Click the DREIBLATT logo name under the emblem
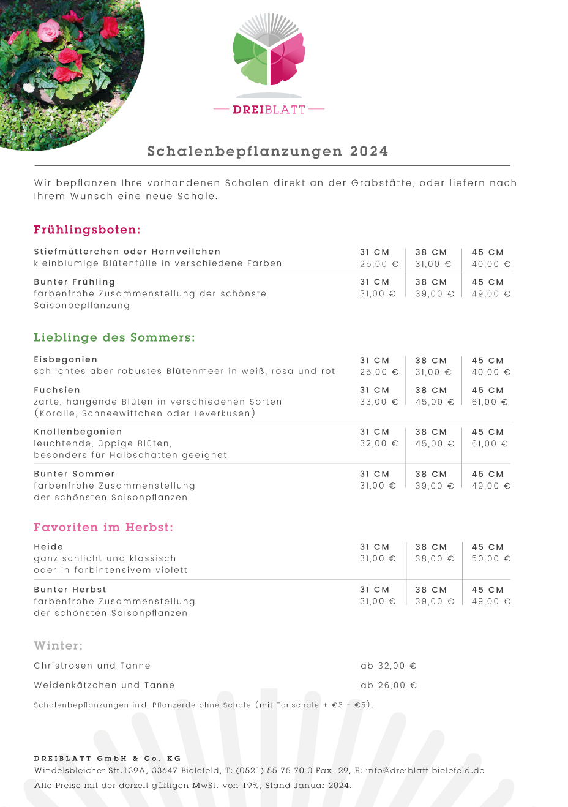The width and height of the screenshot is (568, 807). click(x=269, y=110)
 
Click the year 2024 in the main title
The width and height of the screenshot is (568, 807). click(x=369, y=151)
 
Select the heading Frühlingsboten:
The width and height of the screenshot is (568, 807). click(x=87, y=230)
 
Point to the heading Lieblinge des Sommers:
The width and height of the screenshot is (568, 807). click(x=114, y=337)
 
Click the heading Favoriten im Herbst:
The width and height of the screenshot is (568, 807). click(x=103, y=527)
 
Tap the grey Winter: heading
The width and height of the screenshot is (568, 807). click(x=58, y=645)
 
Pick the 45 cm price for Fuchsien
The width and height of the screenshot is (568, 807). click(x=490, y=402)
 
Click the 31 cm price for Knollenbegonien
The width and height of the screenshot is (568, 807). click(x=379, y=444)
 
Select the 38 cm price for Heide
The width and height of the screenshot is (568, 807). click(x=435, y=559)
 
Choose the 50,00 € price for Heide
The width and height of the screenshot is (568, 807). click(x=491, y=559)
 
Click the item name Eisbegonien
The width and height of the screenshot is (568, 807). click(x=65, y=359)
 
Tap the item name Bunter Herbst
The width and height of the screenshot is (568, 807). click(x=70, y=590)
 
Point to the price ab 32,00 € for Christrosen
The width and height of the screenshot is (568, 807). click(x=389, y=666)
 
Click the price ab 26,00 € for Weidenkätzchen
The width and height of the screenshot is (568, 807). click(x=389, y=685)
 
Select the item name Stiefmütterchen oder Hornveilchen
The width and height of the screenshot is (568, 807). click(x=127, y=252)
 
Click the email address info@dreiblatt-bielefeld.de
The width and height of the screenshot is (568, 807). click(x=425, y=771)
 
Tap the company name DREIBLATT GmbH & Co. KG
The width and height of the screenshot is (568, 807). click(x=108, y=759)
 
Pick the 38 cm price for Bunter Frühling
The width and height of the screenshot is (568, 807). click(x=435, y=294)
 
